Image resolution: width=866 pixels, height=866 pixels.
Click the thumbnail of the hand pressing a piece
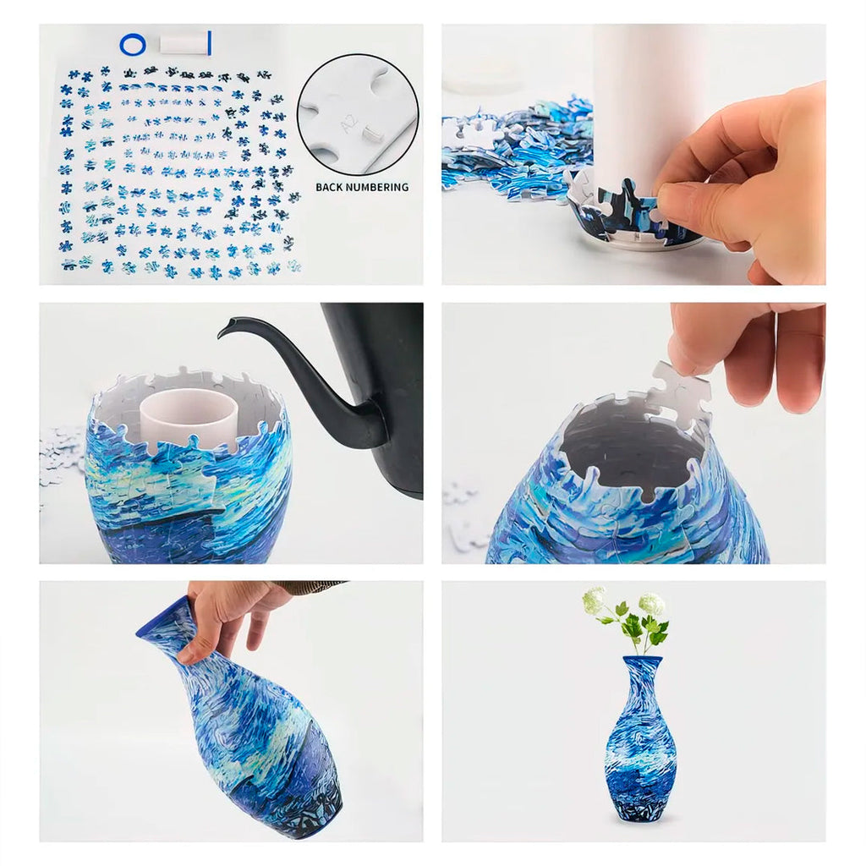click(633, 154)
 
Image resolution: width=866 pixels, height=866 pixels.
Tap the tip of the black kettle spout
click(219, 335)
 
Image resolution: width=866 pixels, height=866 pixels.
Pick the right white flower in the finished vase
click(652, 604)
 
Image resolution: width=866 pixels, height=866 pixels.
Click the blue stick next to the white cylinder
click(210, 43)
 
